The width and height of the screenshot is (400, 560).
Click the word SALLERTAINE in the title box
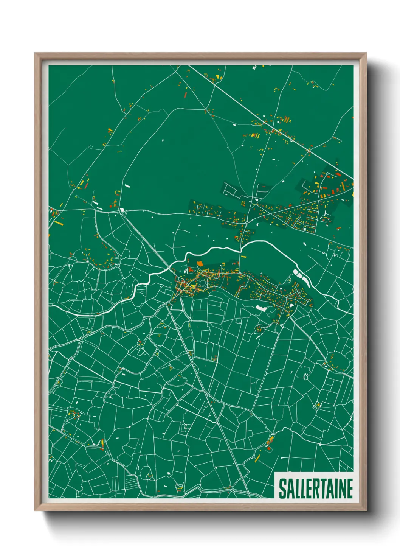pos(316,488)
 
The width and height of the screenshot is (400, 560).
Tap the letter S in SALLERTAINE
pos(282,488)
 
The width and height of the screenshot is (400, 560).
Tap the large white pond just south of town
pos(261,308)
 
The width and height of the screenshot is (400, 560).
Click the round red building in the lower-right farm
pos(269,448)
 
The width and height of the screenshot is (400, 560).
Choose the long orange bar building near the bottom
pos(258,458)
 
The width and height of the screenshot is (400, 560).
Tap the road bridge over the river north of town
pos(241,250)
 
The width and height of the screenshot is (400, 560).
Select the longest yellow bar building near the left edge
pos(59,223)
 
